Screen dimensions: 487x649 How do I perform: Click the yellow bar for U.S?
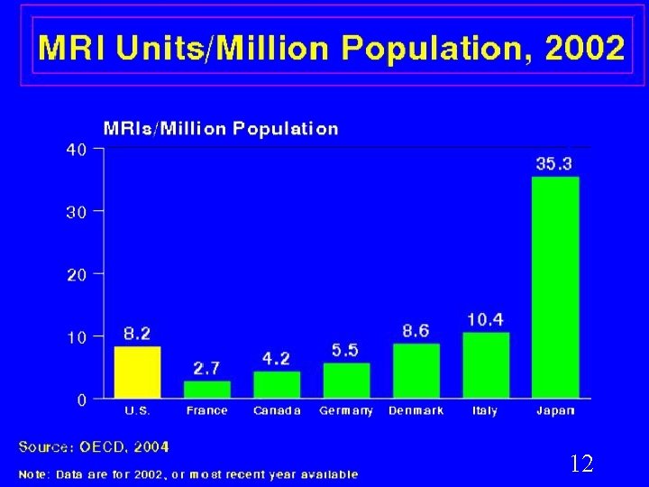coord(137,372)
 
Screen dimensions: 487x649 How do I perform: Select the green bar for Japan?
coord(555,287)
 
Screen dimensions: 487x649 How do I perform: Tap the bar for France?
coord(207,390)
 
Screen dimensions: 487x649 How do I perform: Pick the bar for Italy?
coord(486,365)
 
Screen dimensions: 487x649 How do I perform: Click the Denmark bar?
coord(416,371)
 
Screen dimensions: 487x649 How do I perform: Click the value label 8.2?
coord(137,334)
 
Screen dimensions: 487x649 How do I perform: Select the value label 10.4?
coord(486,320)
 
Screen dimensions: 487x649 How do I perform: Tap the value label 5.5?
coord(346,351)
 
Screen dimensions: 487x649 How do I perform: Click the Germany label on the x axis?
coord(346,411)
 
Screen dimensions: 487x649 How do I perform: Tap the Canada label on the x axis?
coord(277,411)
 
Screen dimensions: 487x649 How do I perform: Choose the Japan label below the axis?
coord(555,411)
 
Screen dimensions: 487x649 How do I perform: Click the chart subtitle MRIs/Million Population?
coord(222,128)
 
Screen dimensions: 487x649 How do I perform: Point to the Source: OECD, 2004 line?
coord(94,446)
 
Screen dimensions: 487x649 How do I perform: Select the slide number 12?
coord(581,464)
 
